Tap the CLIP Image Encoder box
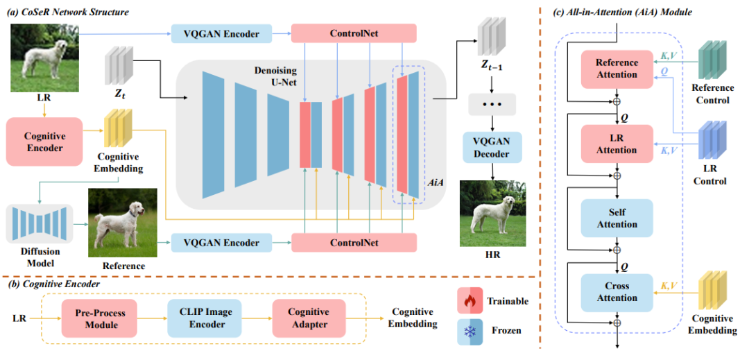point(203,318)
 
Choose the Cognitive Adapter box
point(308,318)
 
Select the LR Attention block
point(617,144)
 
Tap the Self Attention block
point(617,218)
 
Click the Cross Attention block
point(617,292)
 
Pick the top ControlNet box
point(354,33)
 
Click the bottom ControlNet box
point(354,243)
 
